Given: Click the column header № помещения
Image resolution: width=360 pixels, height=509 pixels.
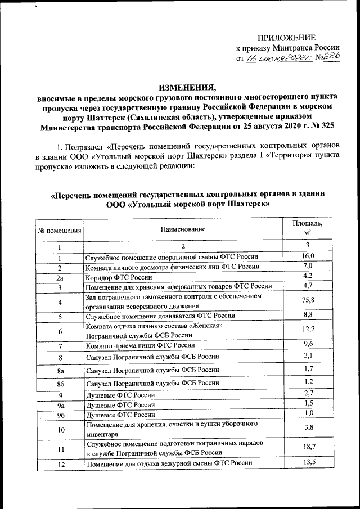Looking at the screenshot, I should (x=59, y=230).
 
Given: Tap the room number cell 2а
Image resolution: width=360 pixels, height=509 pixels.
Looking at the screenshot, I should (x=59, y=277).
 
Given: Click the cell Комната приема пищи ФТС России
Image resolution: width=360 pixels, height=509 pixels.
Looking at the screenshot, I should (x=140, y=344).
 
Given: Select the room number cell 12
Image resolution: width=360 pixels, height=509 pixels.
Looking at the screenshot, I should (x=59, y=464).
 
